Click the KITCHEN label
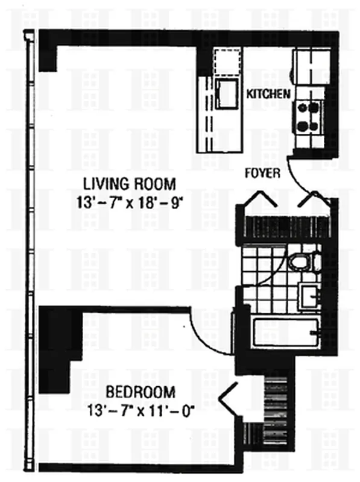pos(268,94)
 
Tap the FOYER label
pos(262,174)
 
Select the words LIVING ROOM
pos(130,184)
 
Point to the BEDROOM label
pos(141,392)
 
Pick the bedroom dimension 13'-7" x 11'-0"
pos(142,411)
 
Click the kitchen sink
pos(227,93)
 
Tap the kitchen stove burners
pos(308,117)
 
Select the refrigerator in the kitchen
pos(311,67)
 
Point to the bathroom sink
pos(309,296)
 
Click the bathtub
pos(286,334)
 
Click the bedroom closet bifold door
pos(228,398)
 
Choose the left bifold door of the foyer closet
pos(261,199)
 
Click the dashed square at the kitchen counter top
pos(228,62)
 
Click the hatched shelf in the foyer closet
pos(287,227)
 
